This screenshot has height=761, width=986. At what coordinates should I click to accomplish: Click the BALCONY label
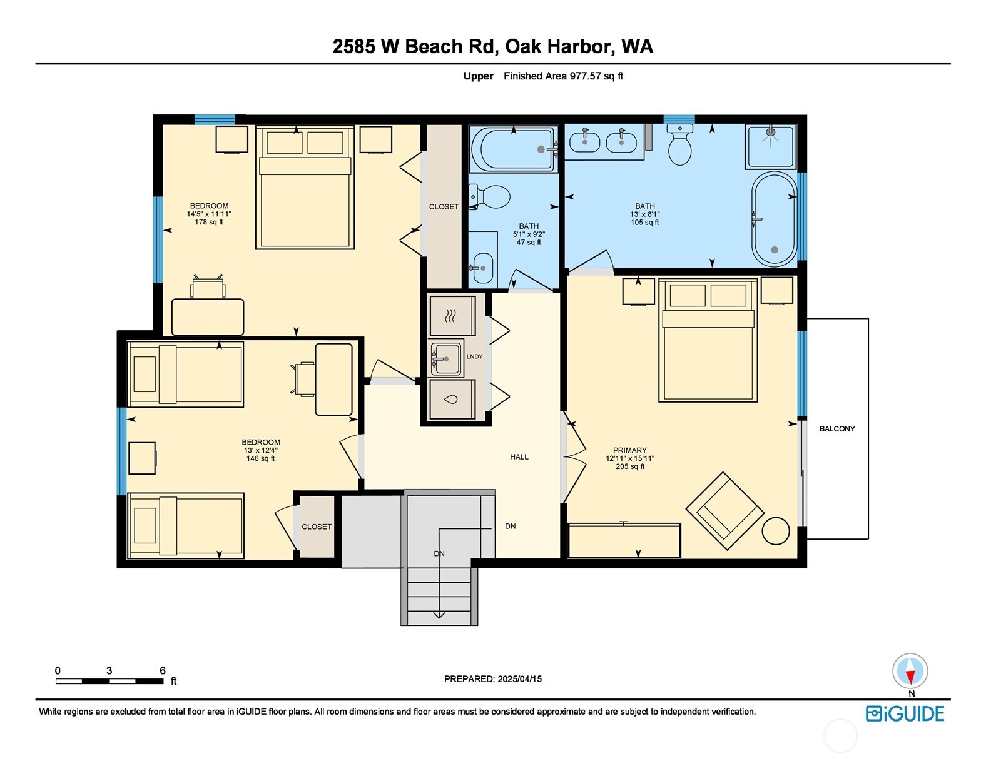coord(836,429)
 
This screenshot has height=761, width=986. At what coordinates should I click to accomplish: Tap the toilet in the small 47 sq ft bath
coord(490,197)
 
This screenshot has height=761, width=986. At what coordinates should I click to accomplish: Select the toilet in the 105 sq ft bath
coord(679,144)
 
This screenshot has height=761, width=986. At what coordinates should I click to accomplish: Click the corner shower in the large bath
coord(770,146)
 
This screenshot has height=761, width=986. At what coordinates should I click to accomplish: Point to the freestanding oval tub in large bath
coord(775,219)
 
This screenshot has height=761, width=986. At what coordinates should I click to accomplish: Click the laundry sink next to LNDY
coord(446,358)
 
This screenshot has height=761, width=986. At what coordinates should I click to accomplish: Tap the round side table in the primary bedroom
coord(776,532)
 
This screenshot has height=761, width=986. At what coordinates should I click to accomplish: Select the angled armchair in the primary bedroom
coord(724,510)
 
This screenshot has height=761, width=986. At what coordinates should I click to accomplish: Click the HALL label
coord(519,457)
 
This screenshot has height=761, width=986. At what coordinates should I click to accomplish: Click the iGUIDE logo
coord(905,714)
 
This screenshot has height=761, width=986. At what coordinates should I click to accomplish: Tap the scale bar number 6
coord(163,670)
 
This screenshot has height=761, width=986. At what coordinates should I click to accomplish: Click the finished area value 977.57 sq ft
coord(596,76)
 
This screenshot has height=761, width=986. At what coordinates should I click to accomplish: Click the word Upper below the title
coord(478,76)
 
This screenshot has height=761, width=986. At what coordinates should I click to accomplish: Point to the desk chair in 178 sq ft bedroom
coord(208,287)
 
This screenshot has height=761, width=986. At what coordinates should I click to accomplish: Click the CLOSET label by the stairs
coord(317,527)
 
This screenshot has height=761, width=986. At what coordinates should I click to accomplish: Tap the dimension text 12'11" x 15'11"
coord(629,458)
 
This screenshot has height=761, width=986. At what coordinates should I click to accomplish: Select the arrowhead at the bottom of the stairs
coord(439,615)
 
